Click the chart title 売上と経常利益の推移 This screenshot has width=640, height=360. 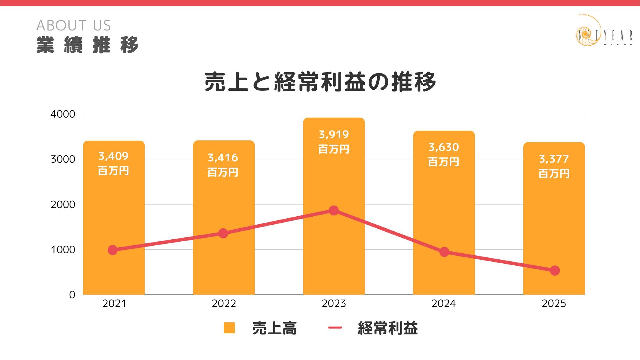[320, 82]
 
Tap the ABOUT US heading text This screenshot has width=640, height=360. [74, 26]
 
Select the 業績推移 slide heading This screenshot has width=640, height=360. [87, 45]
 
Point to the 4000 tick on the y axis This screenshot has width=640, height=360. [63, 114]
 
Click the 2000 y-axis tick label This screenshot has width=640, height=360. [63, 204]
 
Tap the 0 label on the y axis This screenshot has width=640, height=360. [72, 295]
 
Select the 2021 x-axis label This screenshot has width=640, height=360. [114, 304]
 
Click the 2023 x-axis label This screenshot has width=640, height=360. [334, 304]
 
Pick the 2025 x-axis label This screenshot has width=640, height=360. [554, 304]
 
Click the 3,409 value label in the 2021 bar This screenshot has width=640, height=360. [113, 156]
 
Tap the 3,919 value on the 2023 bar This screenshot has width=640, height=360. [334, 135]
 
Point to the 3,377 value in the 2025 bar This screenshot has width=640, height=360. [554, 159]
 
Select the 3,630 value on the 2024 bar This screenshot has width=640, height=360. [444, 147]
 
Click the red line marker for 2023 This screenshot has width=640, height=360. [334, 210]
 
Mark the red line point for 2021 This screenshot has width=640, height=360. [113, 250]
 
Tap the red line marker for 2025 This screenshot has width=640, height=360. [555, 271]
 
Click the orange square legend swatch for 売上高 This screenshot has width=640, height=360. [229, 328]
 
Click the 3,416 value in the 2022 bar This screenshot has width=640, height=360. [223, 158]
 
